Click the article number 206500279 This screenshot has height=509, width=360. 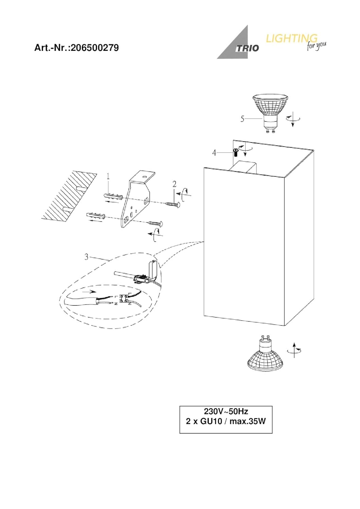(x=94, y=48)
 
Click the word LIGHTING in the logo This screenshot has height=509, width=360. (x=291, y=38)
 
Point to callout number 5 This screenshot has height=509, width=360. (x=242, y=119)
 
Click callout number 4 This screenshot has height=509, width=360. (x=214, y=153)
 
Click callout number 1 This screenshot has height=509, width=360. (x=108, y=176)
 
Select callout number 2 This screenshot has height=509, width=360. (x=175, y=184)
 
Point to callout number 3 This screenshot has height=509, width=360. (x=86, y=257)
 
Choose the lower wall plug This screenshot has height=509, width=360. (x=96, y=215)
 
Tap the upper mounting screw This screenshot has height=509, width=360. (x=173, y=204)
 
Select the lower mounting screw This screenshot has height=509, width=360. (x=157, y=223)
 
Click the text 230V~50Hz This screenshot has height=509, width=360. (x=226, y=412)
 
